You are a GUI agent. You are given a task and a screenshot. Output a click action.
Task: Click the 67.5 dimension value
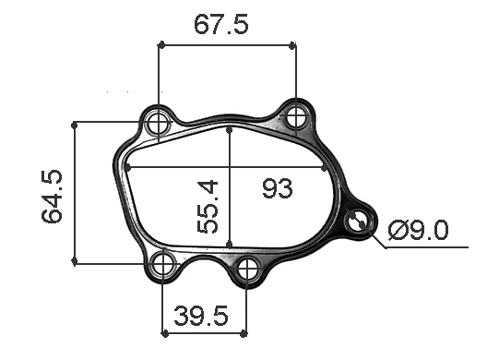(x=220, y=25)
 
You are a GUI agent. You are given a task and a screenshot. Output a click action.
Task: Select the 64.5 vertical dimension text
(x=53, y=196)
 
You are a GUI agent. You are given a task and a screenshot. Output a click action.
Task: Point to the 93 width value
(x=277, y=189)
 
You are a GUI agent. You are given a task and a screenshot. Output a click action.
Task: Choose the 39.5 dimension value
(x=202, y=317)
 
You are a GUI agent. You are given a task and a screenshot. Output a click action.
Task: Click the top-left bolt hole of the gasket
(x=159, y=121)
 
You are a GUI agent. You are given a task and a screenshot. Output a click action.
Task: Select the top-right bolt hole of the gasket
(x=296, y=116)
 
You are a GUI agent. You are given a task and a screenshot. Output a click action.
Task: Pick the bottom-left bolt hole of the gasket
(x=163, y=265)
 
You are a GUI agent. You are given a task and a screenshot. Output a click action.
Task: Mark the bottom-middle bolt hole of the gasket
(x=247, y=270)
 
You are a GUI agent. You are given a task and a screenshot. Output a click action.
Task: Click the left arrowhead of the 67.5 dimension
(x=162, y=43)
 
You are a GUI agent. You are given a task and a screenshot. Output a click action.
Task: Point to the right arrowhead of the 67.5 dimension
(x=292, y=43)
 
